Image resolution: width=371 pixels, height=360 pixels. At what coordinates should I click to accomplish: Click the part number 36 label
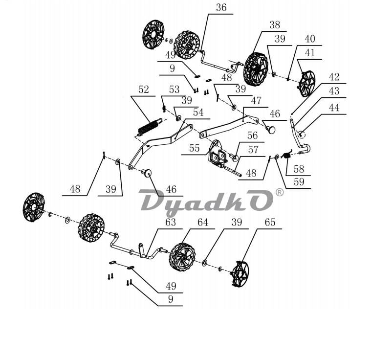pyautogui.click(x=221, y=7)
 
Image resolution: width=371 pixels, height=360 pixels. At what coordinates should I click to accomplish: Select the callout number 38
pyautogui.click(x=275, y=25)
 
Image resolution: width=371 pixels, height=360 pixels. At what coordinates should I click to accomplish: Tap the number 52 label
pyautogui.click(x=144, y=90)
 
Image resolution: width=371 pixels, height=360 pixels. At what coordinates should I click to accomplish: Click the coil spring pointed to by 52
pyautogui.click(x=150, y=127)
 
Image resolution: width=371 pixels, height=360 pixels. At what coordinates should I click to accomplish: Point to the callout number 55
pyautogui.click(x=194, y=148)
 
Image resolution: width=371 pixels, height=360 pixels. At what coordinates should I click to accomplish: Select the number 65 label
pyautogui.click(x=270, y=223)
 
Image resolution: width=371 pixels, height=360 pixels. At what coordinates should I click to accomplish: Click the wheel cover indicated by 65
pyautogui.click(x=240, y=273)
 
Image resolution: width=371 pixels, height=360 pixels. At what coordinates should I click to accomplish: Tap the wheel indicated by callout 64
pyautogui.click(x=182, y=257)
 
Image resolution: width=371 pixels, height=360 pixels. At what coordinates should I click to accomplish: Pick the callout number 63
pyautogui.click(x=171, y=223)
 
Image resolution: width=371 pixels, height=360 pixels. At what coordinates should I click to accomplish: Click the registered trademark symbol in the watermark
pyautogui.click(x=280, y=192)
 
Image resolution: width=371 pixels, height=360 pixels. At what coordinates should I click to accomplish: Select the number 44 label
pyautogui.click(x=334, y=108)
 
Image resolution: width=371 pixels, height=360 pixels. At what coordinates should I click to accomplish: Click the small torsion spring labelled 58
pyautogui.click(x=287, y=155)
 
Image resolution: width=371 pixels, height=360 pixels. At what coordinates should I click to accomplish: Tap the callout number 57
pyautogui.click(x=253, y=150)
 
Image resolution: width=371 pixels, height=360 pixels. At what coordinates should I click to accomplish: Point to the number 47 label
pyautogui.click(x=256, y=101)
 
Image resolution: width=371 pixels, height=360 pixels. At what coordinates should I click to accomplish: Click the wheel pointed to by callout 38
pyautogui.click(x=256, y=68)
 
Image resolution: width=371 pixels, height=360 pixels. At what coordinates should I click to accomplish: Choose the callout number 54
pyautogui.click(x=198, y=112)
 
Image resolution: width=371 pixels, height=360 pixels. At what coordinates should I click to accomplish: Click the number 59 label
pyautogui.click(x=299, y=182)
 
